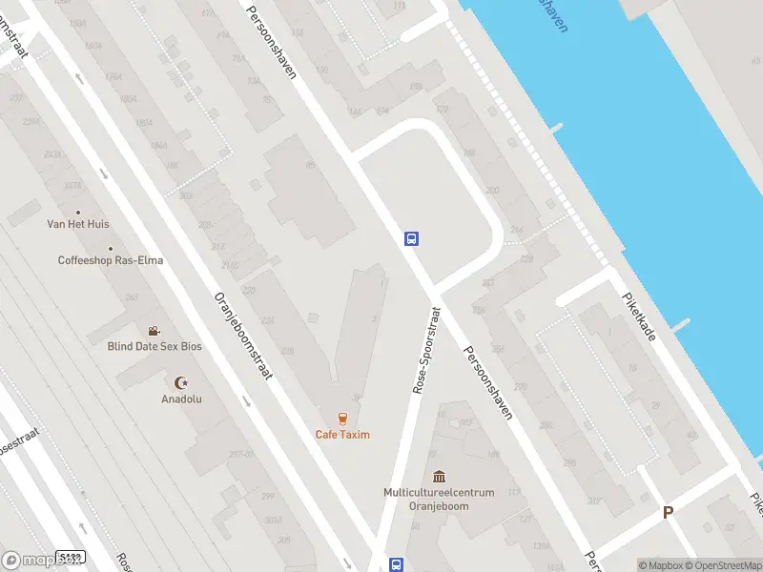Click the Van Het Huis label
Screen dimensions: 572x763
78,224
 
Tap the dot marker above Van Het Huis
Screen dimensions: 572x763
78,212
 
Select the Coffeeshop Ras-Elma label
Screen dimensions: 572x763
110,260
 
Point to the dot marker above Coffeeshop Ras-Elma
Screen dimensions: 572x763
110,248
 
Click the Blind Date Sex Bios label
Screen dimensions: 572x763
155,346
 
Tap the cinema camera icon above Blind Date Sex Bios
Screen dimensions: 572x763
154,331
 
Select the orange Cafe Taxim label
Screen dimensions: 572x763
342,435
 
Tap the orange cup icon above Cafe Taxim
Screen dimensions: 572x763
342,418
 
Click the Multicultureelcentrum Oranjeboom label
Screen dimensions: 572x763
439,499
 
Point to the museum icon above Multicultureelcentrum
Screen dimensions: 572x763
439,477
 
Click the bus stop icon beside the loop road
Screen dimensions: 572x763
412,239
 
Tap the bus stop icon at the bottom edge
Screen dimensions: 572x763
397,564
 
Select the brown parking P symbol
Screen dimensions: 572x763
669,512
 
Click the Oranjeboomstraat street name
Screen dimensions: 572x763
244,335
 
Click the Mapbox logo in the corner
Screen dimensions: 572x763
26,561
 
